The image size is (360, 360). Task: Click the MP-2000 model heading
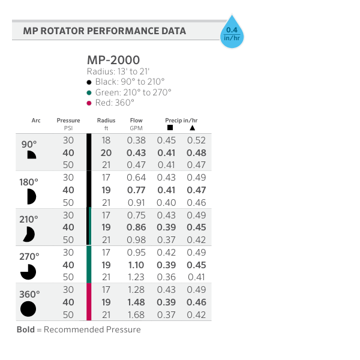pos(113,60)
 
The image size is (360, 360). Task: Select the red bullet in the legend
pos(89,103)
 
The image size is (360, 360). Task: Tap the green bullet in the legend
pos(89,92)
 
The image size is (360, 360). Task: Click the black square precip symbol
pos(170,128)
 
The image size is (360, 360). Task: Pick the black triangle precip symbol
pos(192,128)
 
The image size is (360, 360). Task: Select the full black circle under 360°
pos(28,309)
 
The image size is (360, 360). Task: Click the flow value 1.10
pos(136,265)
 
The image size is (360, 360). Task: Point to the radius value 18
pos(106,140)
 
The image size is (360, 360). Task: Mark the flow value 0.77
pos(136,190)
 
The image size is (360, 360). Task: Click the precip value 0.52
pos(196,140)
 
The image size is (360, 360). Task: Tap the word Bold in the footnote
pos(26,329)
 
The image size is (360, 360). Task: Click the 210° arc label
pos(28,219)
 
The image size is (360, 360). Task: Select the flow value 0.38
pos(136,140)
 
